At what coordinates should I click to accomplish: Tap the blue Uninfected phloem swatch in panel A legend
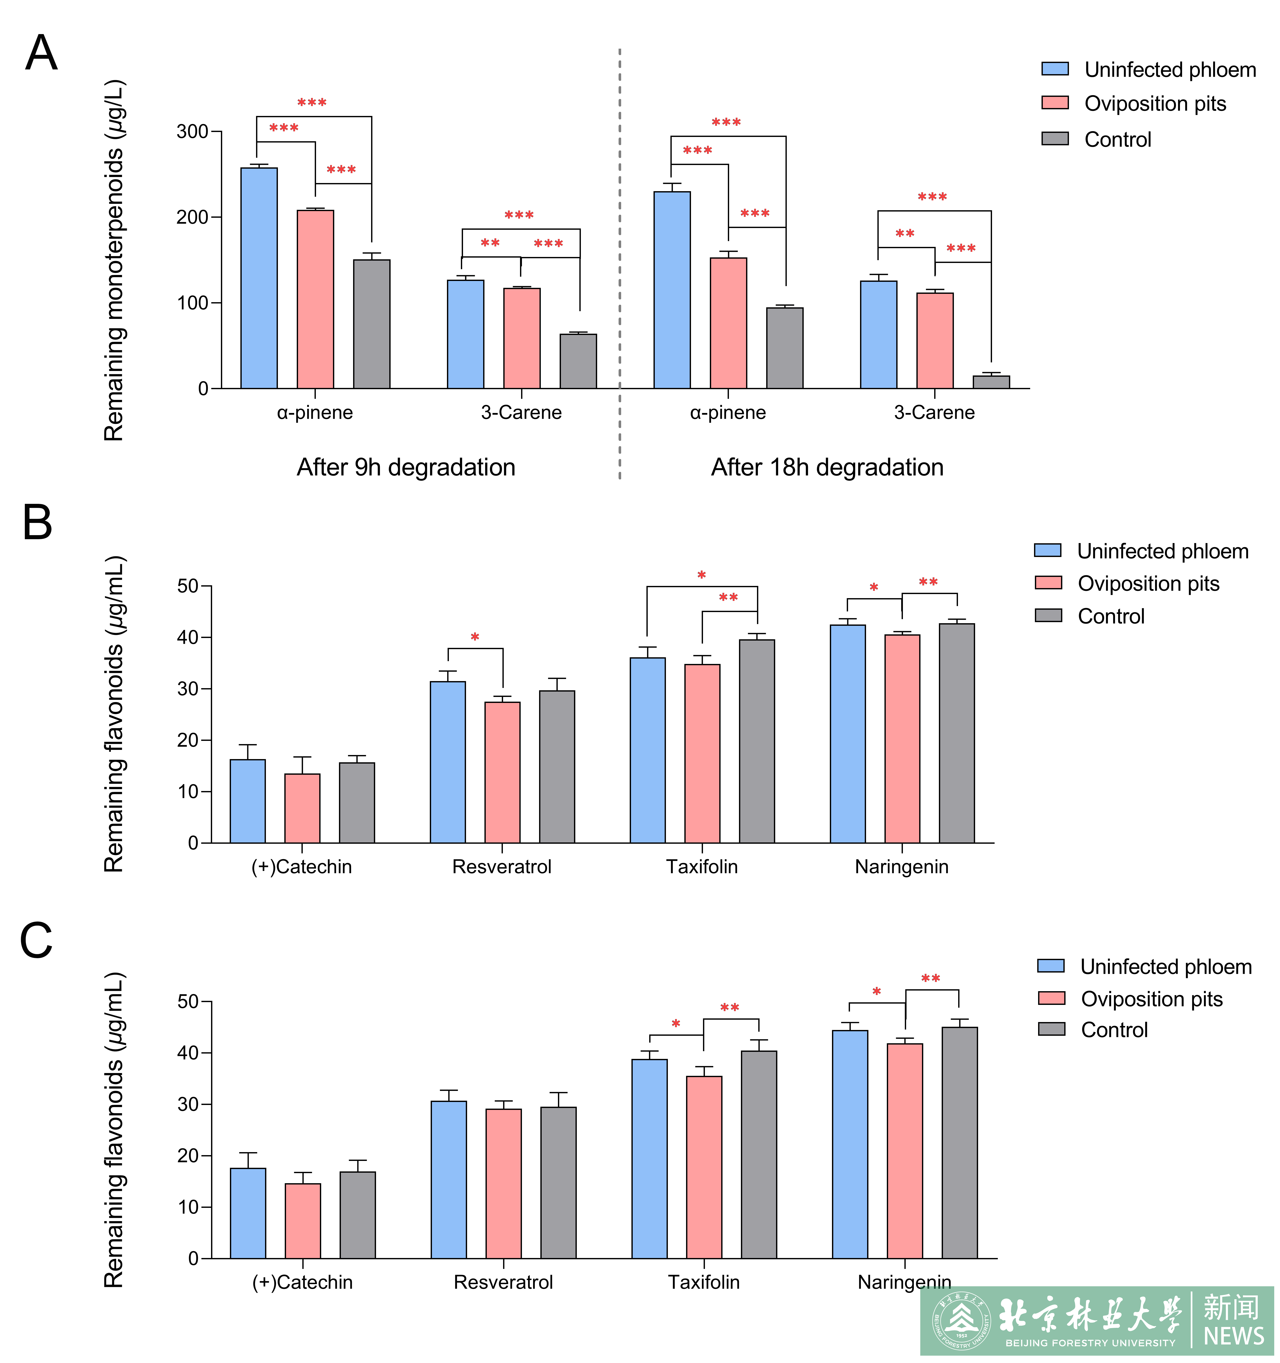pos(1054,69)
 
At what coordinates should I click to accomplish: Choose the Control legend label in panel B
pos(1111,616)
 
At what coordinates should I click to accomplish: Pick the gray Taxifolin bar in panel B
pos(757,741)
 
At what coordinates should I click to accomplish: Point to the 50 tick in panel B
pos(187,586)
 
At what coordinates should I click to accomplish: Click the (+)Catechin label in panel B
pos(302,867)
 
